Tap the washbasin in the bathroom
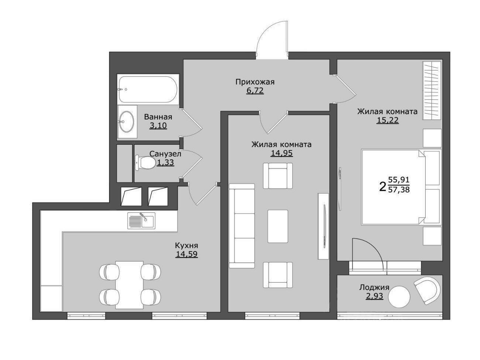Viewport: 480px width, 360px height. (127, 121)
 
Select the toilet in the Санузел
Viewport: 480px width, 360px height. (145, 162)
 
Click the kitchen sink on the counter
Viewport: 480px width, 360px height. (141, 221)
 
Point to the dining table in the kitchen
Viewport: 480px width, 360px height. (129, 285)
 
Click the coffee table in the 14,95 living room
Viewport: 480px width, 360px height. (278, 226)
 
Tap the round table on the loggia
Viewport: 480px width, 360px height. (399, 297)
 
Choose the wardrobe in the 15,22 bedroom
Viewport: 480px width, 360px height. (432, 90)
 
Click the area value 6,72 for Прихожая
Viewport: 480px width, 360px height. (255, 90)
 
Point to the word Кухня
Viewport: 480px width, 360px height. (186, 246)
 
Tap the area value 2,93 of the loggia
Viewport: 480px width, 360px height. (374, 296)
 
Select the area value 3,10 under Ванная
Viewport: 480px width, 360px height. (158, 126)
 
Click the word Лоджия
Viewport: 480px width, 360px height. (374, 287)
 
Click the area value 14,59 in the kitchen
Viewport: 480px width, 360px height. (186, 254)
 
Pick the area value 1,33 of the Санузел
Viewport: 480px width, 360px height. (165, 162)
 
